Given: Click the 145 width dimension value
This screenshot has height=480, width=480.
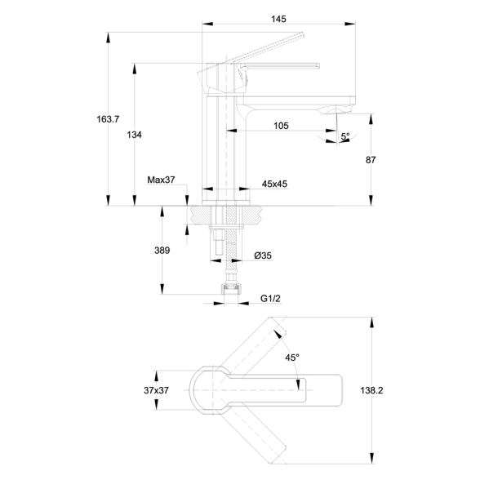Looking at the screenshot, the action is (x=278, y=19).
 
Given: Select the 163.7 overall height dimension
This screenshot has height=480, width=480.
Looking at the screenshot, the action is (x=108, y=119).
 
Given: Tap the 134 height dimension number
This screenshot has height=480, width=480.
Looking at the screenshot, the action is (x=135, y=135).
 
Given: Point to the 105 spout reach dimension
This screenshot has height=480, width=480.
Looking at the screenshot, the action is (x=281, y=126).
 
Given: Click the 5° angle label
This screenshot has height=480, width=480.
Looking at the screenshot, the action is (x=345, y=136).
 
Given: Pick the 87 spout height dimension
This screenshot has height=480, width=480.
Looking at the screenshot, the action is (x=371, y=160).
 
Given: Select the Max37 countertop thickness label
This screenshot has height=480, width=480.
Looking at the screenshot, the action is (x=161, y=180).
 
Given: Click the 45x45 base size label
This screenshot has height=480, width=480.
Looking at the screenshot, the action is (x=274, y=184).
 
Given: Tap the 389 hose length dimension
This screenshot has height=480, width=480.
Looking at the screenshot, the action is (x=162, y=251).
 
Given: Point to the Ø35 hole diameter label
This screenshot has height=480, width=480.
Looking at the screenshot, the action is (x=263, y=256).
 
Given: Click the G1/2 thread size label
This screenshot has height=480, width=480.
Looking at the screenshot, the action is (x=270, y=298).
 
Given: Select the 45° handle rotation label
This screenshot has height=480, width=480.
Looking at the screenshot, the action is (x=292, y=358).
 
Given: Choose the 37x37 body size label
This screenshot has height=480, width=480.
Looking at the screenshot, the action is (x=156, y=390).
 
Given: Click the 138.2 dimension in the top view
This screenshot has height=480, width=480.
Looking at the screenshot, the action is (x=371, y=390).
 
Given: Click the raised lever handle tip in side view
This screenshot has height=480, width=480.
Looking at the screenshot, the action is (x=302, y=34).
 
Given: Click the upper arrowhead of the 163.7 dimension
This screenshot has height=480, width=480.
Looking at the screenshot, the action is (x=108, y=38).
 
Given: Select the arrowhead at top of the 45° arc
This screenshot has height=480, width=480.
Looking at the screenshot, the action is (x=278, y=334).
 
